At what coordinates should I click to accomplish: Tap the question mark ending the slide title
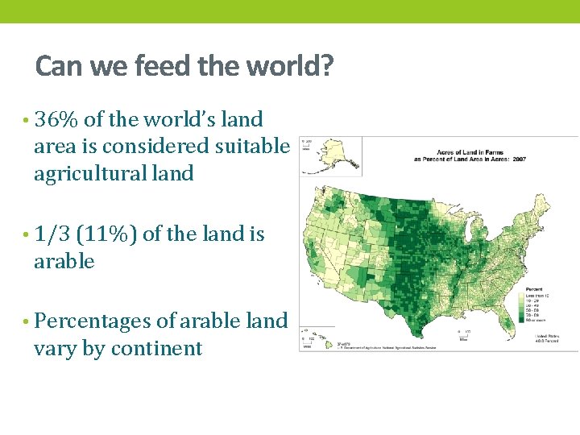click(325, 65)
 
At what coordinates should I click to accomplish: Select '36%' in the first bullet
click(56, 120)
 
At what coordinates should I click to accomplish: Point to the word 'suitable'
click(251, 147)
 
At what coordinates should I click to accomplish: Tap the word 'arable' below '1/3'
click(64, 262)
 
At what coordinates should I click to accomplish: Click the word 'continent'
click(156, 349)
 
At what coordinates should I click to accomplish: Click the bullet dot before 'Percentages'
click(27, 322)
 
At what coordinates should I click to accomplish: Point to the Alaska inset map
click(330, 155)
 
